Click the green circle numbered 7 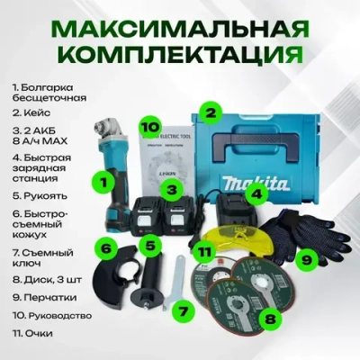184,310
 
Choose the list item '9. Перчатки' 44,299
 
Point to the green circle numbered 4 256,193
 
